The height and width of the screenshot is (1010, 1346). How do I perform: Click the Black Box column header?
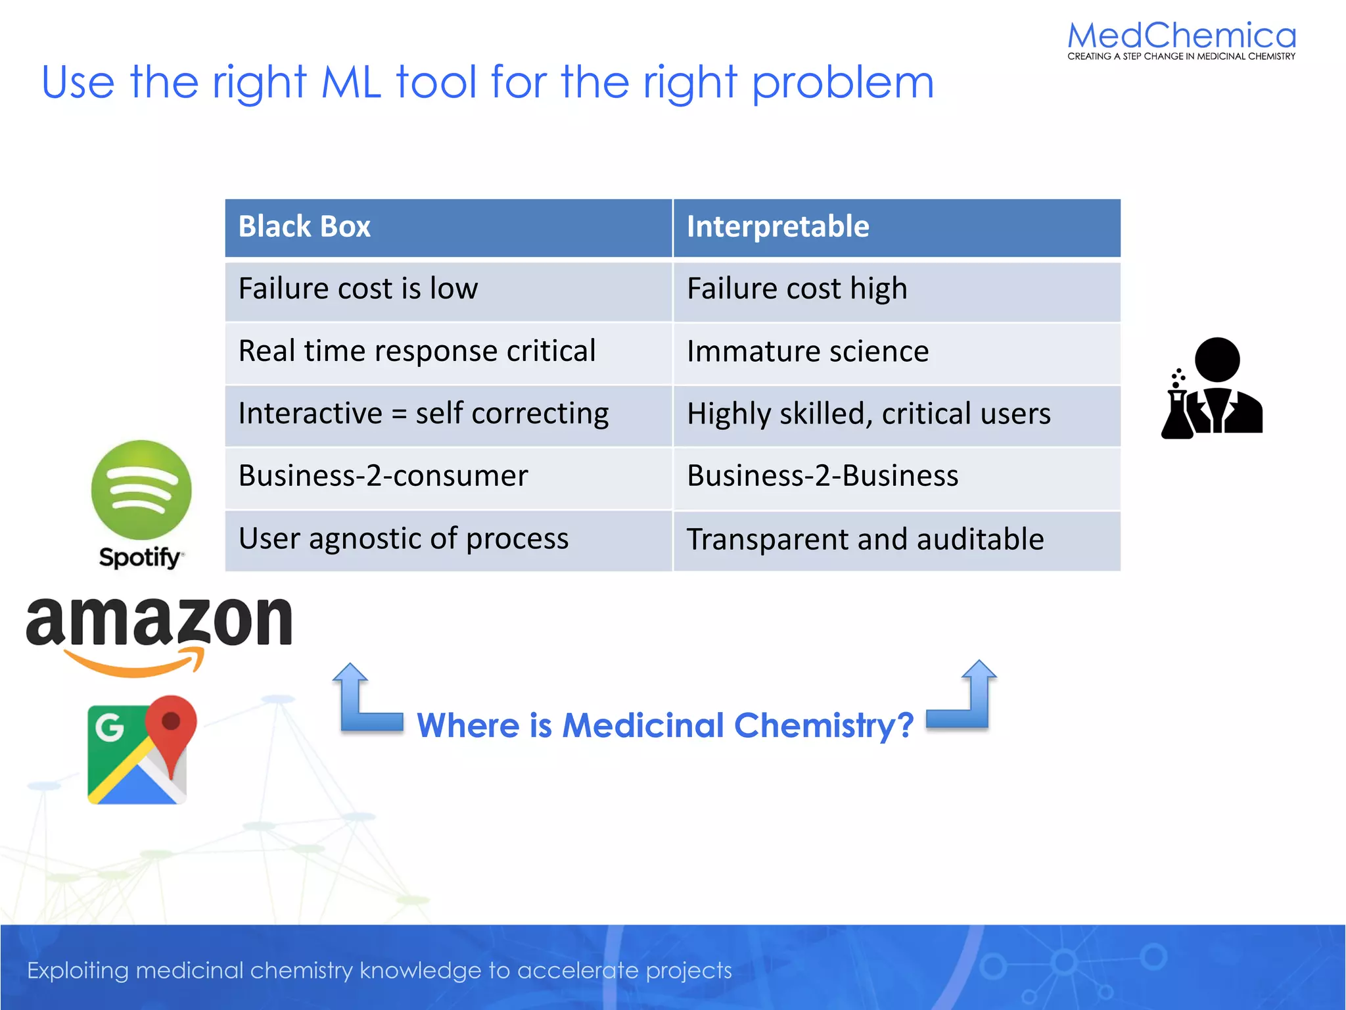(448, 228)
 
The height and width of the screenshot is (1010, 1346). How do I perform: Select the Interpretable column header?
(896, 228)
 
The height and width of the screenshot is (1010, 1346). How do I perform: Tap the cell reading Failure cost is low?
(448, 290)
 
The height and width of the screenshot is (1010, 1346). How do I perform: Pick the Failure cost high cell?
(896, 290)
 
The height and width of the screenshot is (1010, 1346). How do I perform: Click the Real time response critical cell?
(448, 352)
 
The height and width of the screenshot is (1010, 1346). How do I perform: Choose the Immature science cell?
(896, 352)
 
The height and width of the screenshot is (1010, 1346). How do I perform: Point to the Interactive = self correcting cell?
(448, 414)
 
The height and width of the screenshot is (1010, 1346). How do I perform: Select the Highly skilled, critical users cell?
(896, 414)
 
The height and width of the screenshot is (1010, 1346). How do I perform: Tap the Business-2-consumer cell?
(448, 477)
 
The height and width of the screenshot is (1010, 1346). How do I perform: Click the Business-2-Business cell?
(896, 477)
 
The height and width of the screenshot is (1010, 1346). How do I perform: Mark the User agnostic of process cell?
(448, 540)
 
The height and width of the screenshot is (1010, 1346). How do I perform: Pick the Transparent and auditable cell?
(896, 540)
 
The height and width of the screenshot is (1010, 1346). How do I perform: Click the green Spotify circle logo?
(141, 490)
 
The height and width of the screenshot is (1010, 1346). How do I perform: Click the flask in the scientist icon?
(1177, 414)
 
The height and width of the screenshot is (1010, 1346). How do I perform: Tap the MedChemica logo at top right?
(1181, 39)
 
